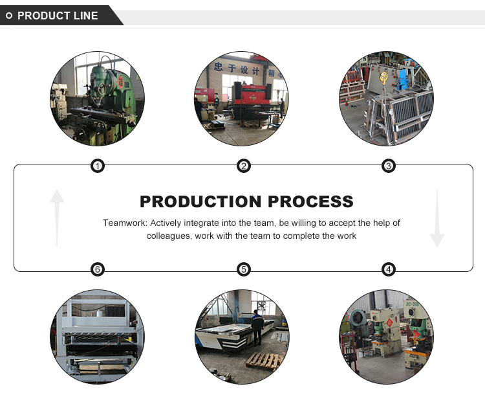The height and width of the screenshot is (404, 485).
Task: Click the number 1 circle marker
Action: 98,166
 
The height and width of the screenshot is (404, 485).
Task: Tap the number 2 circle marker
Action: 244,166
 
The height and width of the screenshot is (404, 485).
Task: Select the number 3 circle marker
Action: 389,166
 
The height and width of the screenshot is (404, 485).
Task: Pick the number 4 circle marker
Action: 389,269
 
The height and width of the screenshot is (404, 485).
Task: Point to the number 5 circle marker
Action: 244,269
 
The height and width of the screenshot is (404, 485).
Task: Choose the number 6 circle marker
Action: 98,269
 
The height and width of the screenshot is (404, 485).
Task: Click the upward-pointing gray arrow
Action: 58,218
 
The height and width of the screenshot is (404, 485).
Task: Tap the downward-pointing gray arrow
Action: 437,218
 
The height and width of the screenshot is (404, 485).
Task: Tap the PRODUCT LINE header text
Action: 58,16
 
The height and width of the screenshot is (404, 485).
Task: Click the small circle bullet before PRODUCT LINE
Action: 9,16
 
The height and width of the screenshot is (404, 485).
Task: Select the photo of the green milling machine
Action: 98,100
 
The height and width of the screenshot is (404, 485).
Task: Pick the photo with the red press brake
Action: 242,100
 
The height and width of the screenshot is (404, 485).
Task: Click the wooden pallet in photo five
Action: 264,361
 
